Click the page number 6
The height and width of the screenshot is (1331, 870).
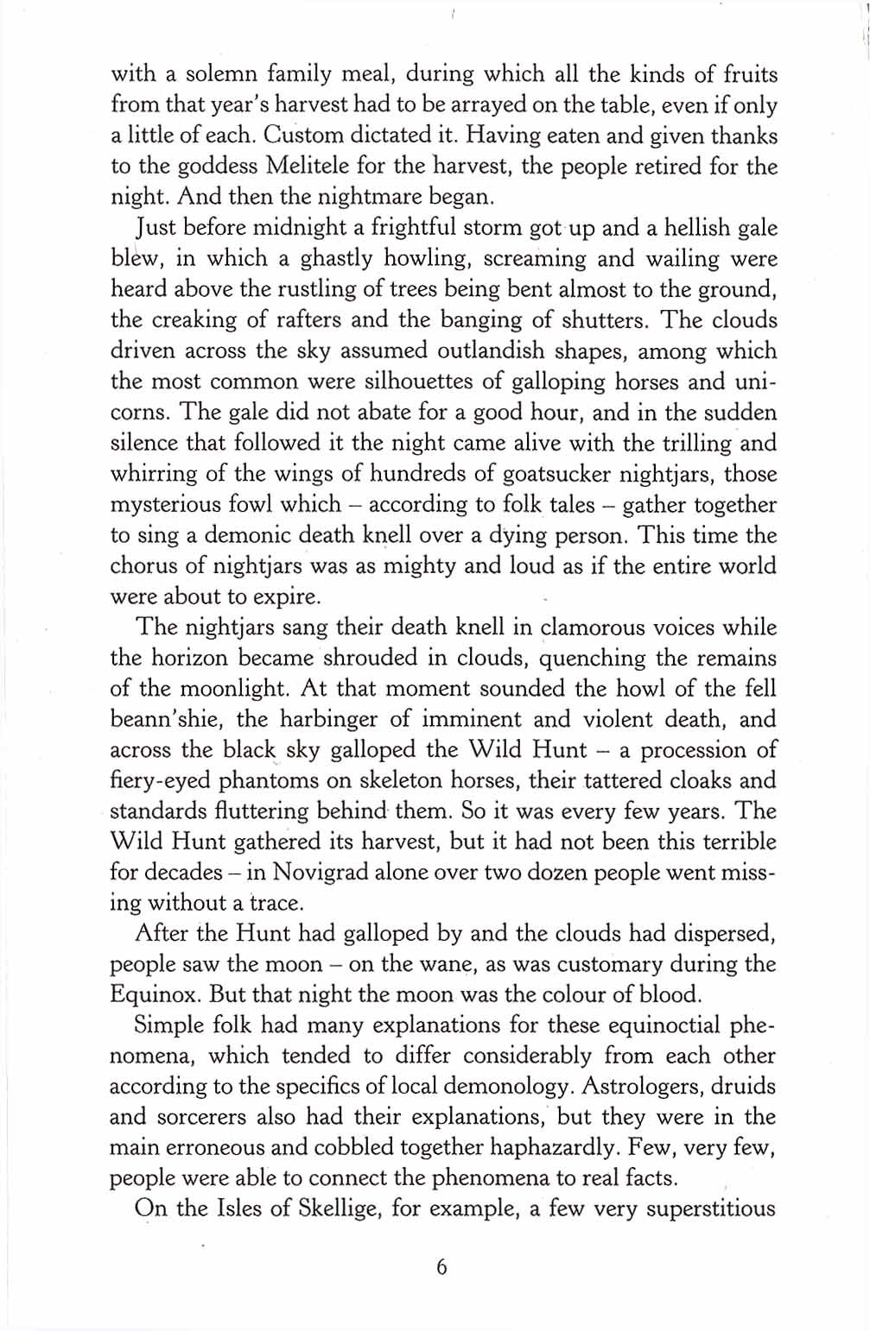coord(441,1268)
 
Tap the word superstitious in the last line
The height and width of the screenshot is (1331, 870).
coord(710,1208)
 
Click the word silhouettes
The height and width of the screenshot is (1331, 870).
coord(375,382)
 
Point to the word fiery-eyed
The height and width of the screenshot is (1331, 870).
coord(160,781)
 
